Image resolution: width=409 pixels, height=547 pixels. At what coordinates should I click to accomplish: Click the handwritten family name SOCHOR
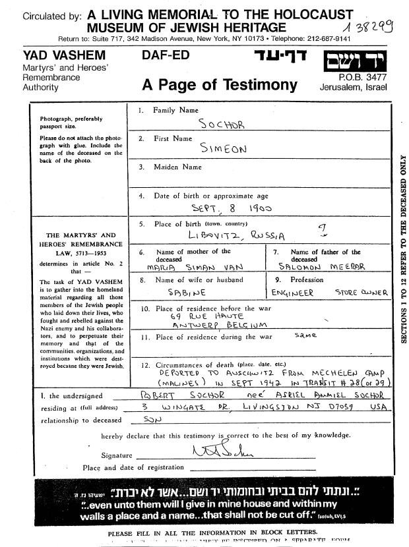click(x=222, y=124)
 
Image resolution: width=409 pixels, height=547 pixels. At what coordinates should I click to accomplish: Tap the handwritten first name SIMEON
click(x=224, y=150)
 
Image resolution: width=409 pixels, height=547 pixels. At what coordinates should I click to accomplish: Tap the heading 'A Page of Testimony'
click(x=220, y=85)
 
